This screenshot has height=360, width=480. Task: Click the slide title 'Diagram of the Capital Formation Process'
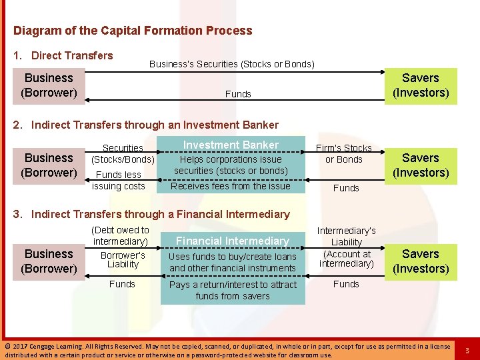(x=133, y=31)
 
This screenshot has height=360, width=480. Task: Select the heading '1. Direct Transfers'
(x=63, y=55)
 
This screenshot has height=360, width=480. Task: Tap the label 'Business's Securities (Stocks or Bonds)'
(x=231, y=64)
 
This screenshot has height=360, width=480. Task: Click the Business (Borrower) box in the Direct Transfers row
(x=49, y=85)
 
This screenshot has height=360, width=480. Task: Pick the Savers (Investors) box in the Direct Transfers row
(x=420, y=85)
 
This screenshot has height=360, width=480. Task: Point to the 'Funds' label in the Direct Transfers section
(x=238, y=94)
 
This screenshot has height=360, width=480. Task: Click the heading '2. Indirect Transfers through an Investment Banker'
(x=145, y=125)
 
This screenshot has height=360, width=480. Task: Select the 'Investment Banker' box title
(x=231, y=145)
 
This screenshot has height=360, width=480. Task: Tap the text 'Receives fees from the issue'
(x=231, y=186)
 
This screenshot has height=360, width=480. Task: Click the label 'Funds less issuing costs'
(x=119, y=180)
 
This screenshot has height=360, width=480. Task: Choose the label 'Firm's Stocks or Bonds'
(x=344, y=153)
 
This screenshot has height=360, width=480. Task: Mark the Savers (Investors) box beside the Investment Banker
(x=420, y=165)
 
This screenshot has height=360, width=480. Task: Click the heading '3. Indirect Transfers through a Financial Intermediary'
(x=151, y=214)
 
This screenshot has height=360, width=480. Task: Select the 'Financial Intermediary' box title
(x=232, y=241)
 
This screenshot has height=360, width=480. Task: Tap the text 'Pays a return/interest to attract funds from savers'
(x=232, y=290)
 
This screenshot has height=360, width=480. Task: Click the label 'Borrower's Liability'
(x=123, y=260)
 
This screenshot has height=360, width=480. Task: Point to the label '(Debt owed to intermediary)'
(x=120, y=235)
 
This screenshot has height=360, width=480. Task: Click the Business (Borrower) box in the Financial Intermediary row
(x=49, y=261)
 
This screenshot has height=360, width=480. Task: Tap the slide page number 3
(x=467, y=350)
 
